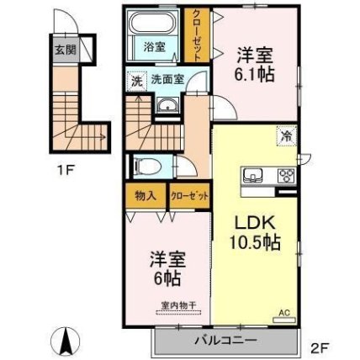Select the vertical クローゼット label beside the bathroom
click(196, 34)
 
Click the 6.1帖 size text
click(253, 75)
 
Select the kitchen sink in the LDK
click(255, 176)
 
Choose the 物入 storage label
click(146, 196)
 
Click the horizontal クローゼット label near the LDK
click(188, 196)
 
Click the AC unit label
click(283, 311)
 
